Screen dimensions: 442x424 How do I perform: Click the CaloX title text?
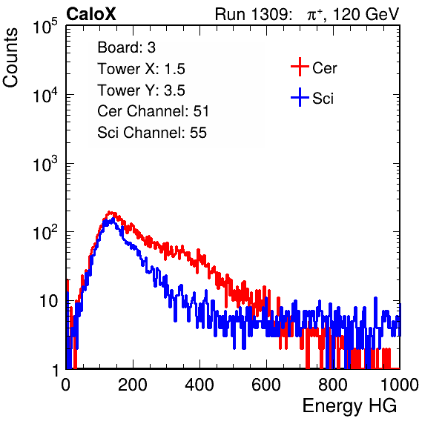[x=90, y=14]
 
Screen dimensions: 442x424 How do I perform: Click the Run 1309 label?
[x=253, y=14]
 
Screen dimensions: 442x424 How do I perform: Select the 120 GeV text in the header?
[x=366, y=14]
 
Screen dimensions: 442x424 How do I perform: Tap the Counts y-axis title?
[x=10, y=58]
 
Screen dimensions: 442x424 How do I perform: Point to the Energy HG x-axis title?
[x=349, y=406]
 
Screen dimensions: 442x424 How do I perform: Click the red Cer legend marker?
[x=300, y=67]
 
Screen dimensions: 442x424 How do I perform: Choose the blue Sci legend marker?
[x=300, y=97]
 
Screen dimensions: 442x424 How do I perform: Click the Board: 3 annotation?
[x=126, y=47]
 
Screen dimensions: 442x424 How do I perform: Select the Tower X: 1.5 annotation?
[x=141, y=69]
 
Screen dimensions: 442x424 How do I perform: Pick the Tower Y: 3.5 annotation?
[x=141, y=90]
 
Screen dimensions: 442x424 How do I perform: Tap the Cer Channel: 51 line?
[x=153, y=111]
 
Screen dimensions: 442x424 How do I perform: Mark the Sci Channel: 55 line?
[x=152, y=133]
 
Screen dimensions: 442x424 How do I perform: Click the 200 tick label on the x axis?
[x=133, y=385]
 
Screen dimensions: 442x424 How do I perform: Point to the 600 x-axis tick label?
[x=266, y=385]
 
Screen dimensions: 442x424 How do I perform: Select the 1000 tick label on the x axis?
[x=400, y=385]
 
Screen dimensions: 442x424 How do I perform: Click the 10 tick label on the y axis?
[x=49, y=301]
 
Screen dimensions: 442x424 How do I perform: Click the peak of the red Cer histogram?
[x=110, y=212]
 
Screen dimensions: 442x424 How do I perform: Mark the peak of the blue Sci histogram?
[x=113, y=219]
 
